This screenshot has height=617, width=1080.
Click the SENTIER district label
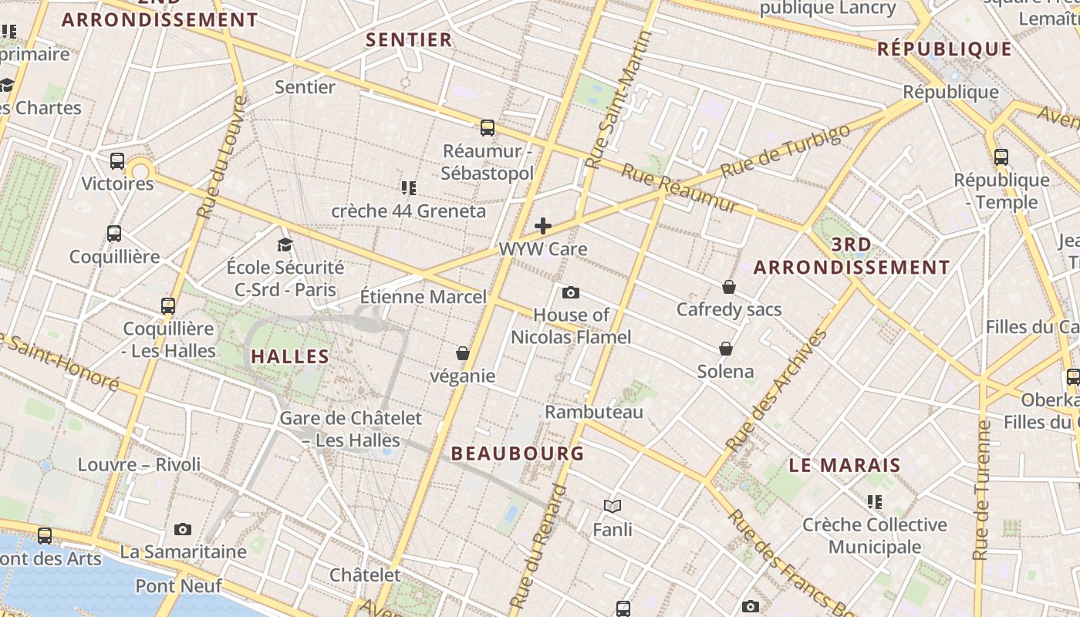409,40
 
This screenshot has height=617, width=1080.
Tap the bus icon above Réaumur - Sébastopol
487,128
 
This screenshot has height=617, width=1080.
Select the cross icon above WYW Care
543,226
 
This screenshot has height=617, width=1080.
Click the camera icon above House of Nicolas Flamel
571,292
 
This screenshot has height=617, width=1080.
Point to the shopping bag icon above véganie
463,353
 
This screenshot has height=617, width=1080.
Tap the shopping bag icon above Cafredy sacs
729,287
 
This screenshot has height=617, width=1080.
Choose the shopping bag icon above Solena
726,349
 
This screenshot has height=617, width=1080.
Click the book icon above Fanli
613,507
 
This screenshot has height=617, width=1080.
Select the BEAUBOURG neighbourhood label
518,453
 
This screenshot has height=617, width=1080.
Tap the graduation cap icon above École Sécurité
285,244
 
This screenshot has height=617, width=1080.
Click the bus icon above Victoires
117,161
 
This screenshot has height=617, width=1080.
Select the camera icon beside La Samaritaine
183,529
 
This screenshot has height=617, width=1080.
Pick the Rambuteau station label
594,412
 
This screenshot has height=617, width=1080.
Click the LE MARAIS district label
845,466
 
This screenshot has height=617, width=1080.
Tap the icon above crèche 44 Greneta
409,187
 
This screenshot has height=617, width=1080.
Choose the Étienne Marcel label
424,297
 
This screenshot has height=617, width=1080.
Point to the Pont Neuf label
178,586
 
